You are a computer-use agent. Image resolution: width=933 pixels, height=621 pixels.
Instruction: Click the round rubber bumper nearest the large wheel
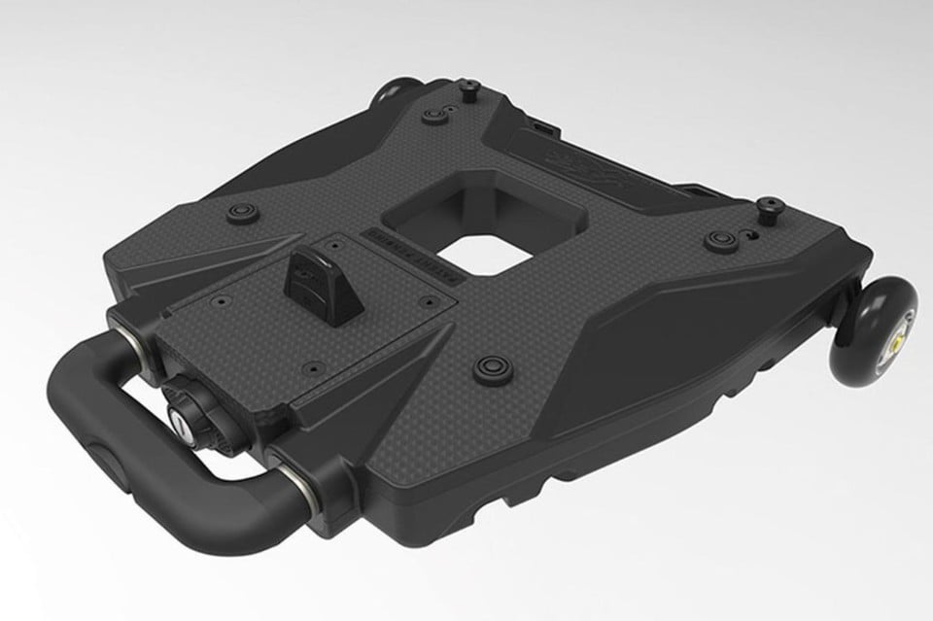718,238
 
